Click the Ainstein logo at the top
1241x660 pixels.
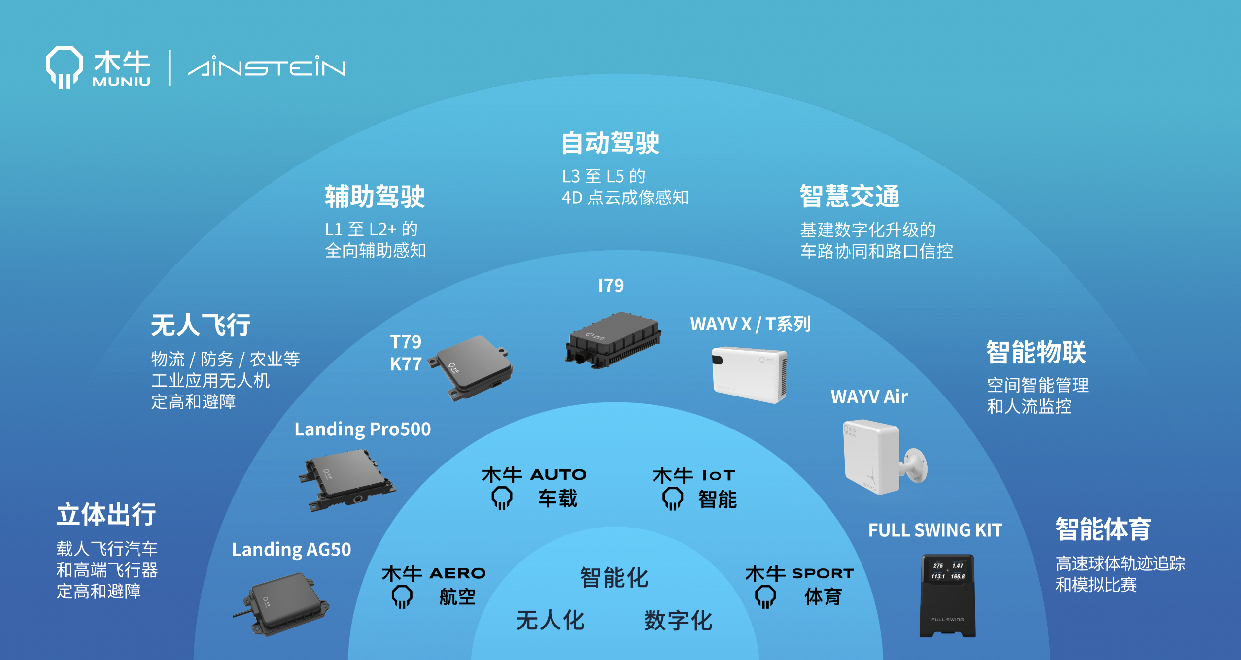[x=267, y=66]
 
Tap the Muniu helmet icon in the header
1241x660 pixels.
[x=64, y=67]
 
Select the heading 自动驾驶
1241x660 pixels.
[x=610, y=143]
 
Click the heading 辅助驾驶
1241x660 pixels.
[x=375, y=196]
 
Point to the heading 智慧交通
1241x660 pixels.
[x=850, y=196]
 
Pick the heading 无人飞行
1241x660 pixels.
[x=201, y=325]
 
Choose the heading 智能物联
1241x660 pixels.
[x=1036, y=352]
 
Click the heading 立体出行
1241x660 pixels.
[x=106, y=514]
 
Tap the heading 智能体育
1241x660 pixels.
[x=1103, y=529]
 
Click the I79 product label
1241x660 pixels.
[x=611, y=286]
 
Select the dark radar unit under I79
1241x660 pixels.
[x=613, y=340]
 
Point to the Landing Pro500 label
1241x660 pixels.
[x=362, y=429]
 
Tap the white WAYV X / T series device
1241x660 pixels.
[x=749, y=374]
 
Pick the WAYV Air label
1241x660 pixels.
[x=869, y=396]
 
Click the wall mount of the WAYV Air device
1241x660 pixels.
[x=916, y=465]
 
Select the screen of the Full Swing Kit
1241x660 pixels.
[x=948, y=571]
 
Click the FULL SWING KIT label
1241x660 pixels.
[x=935, y=530]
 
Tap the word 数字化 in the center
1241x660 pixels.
[x=678, y=620]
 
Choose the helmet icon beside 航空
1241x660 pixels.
[x=402, y=596]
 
